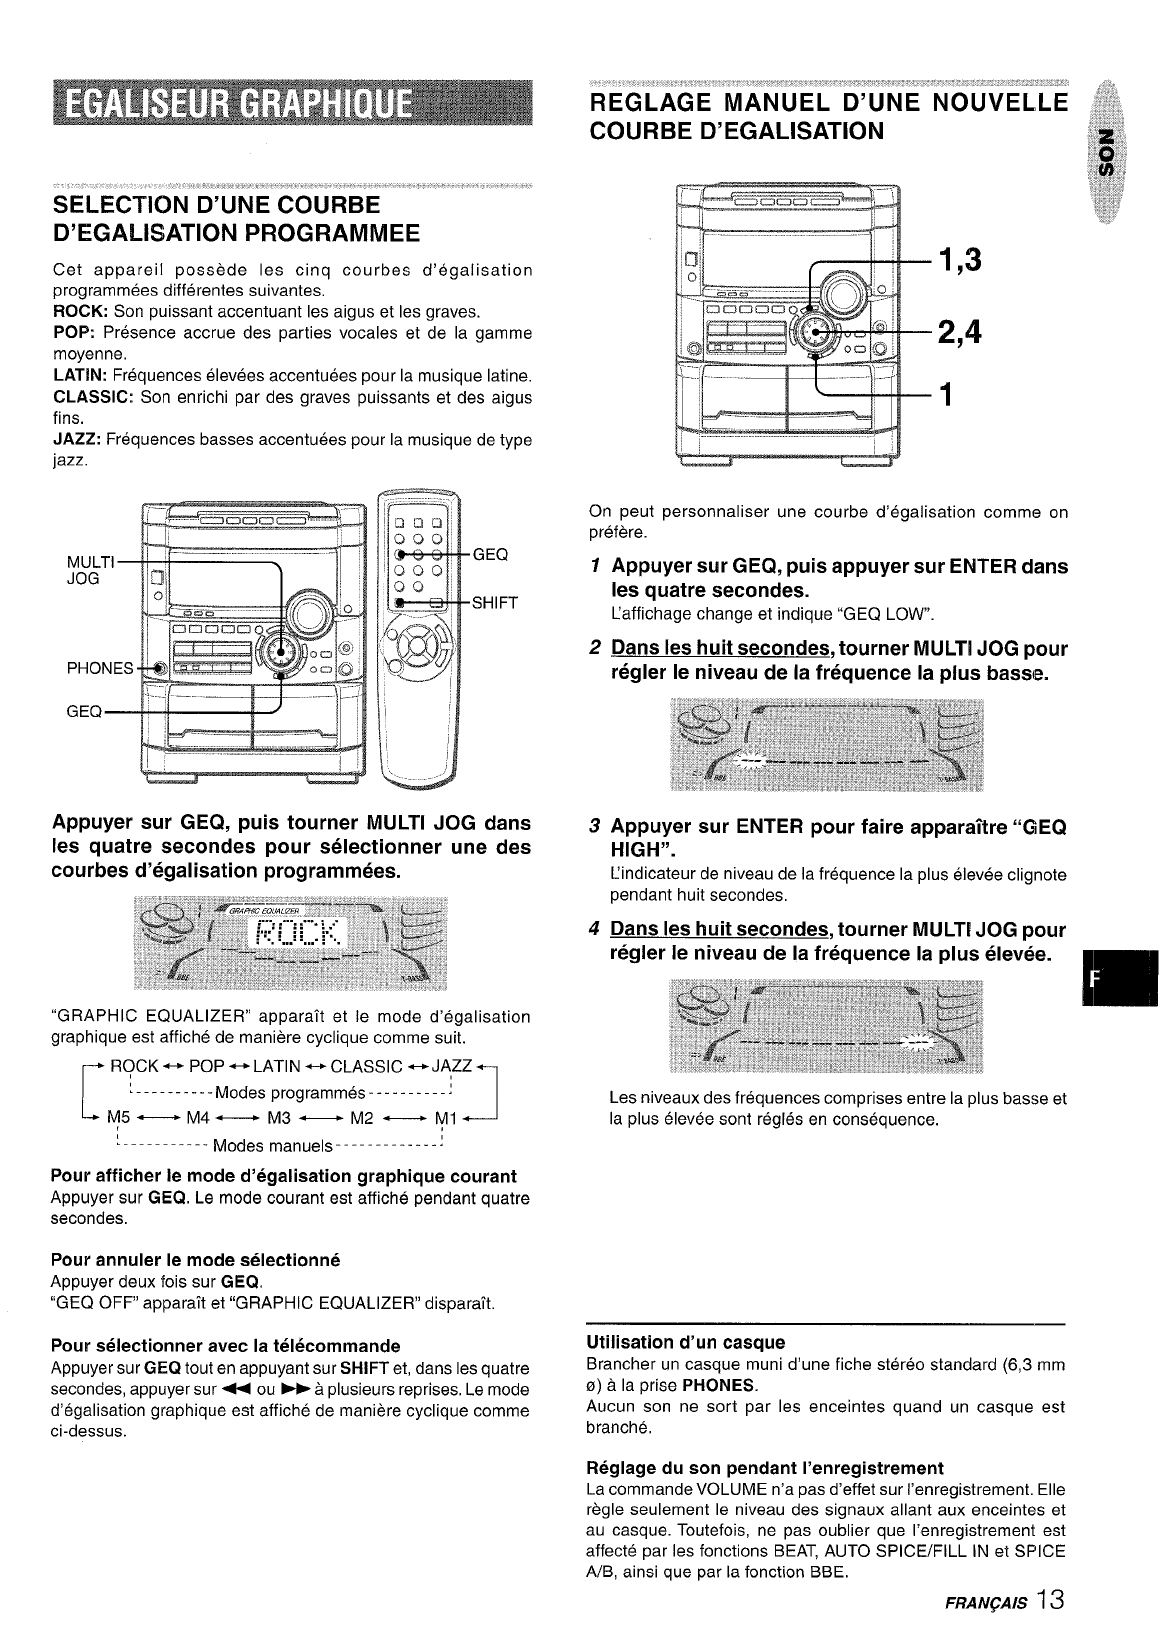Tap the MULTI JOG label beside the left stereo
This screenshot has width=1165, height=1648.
pos(83,568)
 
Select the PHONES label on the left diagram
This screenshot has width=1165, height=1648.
pos(100,669)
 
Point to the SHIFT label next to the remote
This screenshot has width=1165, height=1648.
pos(495,602)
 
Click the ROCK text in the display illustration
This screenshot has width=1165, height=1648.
pos(298,936)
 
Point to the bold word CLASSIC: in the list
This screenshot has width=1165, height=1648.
pos(91,398)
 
